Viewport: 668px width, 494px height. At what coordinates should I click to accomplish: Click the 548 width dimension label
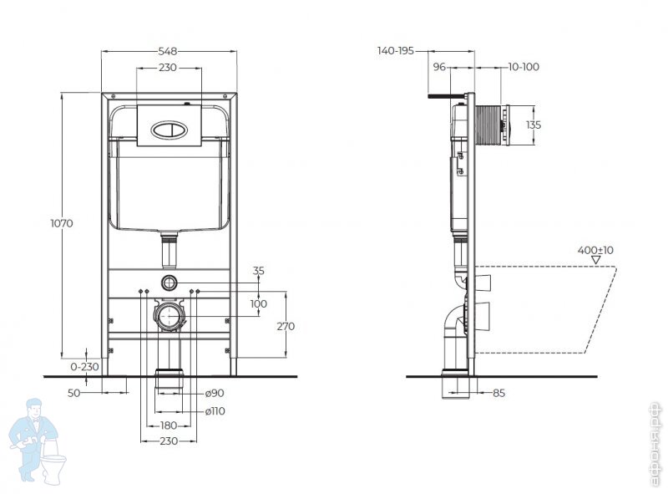point(168,51)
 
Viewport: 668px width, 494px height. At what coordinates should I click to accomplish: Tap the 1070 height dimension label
point(62,223)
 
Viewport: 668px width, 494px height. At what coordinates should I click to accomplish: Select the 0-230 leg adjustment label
point(84,366)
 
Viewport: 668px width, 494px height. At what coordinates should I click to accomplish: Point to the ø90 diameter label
point(215,393)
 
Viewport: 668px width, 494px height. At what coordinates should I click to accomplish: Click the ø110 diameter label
point(215,411)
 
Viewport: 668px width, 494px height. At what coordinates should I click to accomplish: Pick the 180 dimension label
point(169,425)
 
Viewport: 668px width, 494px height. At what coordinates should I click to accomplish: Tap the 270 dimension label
point(286,326)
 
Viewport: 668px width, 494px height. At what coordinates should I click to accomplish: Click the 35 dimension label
point(259,271)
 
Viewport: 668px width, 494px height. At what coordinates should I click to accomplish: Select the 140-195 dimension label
point(395,51)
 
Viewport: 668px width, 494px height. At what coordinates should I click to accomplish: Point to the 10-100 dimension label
point(524,67)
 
